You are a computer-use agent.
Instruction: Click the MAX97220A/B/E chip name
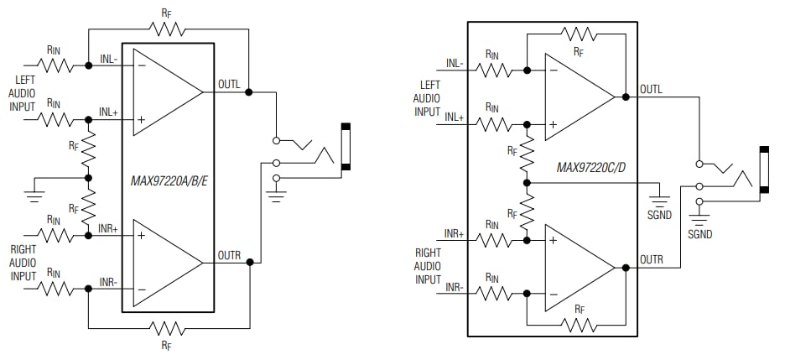coord(169,179)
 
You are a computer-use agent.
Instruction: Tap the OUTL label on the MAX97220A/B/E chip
coord(229,84)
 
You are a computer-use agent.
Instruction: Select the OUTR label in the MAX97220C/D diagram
coord(651,259)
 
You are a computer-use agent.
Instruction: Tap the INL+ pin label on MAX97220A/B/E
coord(110,111)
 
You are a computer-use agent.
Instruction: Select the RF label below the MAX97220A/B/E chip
coord(168,343)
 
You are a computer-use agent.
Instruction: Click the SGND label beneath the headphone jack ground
coord(699,234)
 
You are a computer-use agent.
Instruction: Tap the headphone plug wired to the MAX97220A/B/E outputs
coord(345,147)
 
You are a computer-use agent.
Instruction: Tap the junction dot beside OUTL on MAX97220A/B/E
coord(249,91)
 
